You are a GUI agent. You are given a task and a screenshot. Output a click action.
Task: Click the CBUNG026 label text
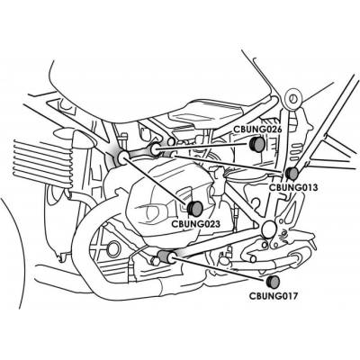click(258, 130)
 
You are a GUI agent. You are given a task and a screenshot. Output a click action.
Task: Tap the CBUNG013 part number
click(293, 187)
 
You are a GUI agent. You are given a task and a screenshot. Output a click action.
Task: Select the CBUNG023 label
click(195, 224)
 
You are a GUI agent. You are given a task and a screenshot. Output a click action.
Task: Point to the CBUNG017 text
click(274, 296)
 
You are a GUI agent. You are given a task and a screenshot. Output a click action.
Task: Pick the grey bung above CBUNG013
click(292, 174)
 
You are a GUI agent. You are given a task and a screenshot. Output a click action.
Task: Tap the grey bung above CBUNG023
click(195, 209)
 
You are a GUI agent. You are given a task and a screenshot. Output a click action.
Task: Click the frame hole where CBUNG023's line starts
click(123, 158)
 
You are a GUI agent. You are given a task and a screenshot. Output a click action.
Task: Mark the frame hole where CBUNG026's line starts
click(156, 149)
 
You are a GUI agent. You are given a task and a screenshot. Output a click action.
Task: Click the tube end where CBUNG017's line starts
click(173, 257)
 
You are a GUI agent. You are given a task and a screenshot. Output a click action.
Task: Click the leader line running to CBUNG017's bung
click(220, 269)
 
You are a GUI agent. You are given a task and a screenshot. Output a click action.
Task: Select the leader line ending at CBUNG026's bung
click(203, 146)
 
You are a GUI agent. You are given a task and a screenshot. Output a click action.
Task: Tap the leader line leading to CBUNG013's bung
click(229, 164)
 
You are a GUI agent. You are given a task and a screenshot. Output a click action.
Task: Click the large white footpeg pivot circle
click(268, 229)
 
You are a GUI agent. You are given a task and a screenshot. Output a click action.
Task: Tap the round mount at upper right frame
click(292, 98)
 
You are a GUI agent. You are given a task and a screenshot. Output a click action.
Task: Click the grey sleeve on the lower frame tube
click(164, 256)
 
